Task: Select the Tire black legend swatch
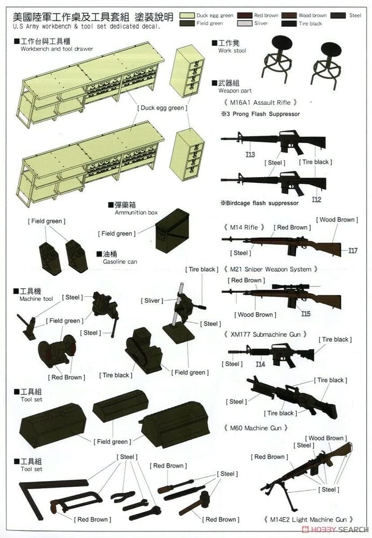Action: (x=291, y=24)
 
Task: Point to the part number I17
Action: (x=353, y=250)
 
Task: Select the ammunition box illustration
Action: (x=172, y=230)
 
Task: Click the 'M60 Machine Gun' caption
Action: (x=255, y=428)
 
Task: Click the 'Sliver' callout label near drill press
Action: (x=152, y=301)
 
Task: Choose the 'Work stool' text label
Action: (x=232, y=51)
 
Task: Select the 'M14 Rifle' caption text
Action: (x=247, y=228)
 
